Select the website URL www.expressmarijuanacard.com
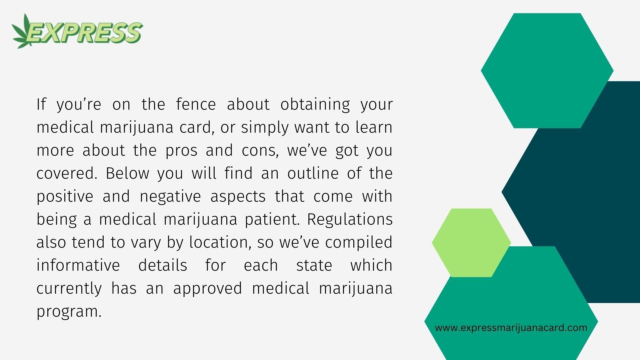(511, 328)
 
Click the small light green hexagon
(471, 243)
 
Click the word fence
(196, 104)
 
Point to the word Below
(128, 173)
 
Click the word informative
(78, 265)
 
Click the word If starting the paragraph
(41, 104)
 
